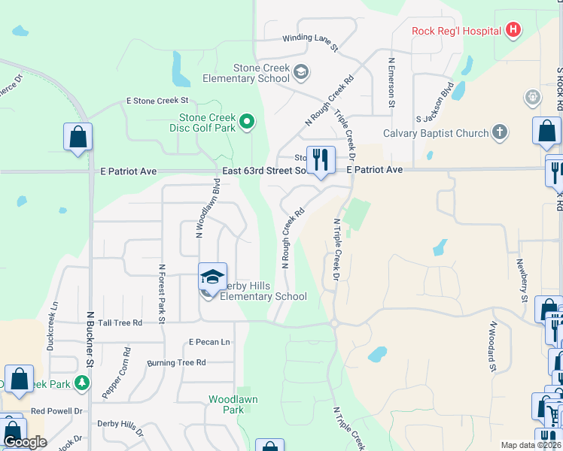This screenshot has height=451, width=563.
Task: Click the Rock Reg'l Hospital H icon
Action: pyautogui.click(x=513, y=30)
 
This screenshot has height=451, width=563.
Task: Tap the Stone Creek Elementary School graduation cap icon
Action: pyautogui.click(x=300, y=72)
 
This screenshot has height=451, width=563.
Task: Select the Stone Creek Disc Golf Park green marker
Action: pyautogui.click(x=246, y=120)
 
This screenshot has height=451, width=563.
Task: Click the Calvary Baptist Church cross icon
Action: pyautogui.click(x=499, y=133)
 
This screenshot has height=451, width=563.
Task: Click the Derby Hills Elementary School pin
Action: pyautogui.click(x=212, y=278)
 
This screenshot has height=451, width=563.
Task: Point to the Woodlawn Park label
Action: pyautogui.click(x=226, y=404)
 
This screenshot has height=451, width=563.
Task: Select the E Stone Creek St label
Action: pyautogui.click(x=157, y=100)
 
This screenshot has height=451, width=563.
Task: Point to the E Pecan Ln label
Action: pyautogui.click(x=209, y=342)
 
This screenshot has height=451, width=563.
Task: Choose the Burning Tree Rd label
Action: pyautogui.click(x=176, y=363)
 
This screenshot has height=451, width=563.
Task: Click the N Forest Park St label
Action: pyautogui.click(x=161, y=289)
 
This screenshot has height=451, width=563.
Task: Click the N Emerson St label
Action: pyautogui.click(x=391, y=83)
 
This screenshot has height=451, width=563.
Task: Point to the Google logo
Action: pyautogui.click(x=25, y=443)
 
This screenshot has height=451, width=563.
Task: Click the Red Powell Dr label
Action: pyautogui.click(x=56, y=411)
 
